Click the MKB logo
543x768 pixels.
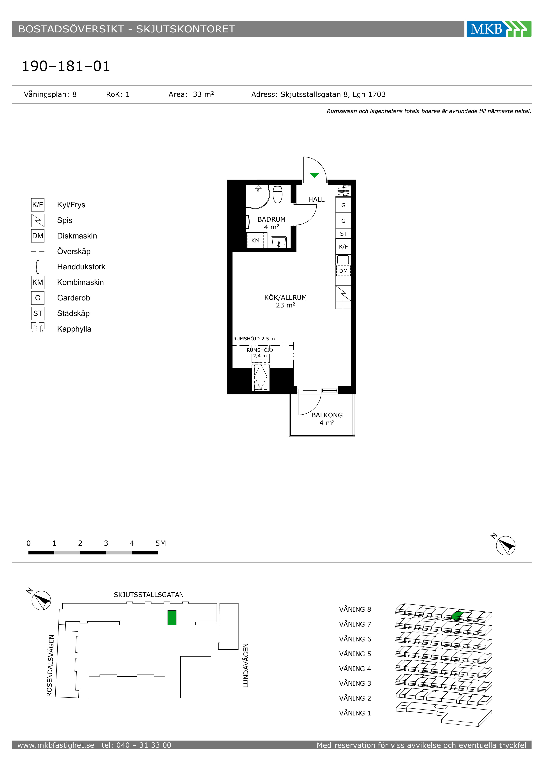coord(499,29)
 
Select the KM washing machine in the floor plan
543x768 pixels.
coord(256,240)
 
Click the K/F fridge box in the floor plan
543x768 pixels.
coord(343,247)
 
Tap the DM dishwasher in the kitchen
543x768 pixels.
coord(343,271)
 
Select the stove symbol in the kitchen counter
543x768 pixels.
coord(343,293)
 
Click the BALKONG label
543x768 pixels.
coord(327,415)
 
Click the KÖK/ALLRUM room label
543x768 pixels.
coord(286,297)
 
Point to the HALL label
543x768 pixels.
coord(316,199)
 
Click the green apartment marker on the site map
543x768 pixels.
coord(172,618)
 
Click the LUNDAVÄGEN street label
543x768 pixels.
coord(246,665)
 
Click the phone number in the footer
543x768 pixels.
coord(136,745)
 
